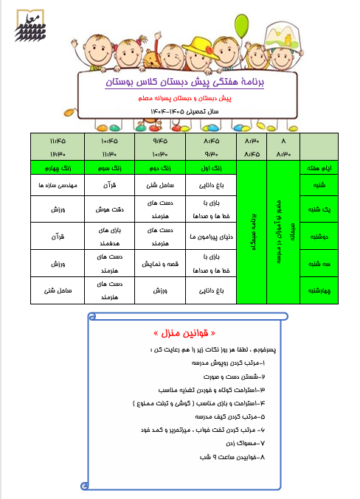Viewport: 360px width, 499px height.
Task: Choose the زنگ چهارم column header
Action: (58, 169)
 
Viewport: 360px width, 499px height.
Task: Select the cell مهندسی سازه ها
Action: (58, 186)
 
